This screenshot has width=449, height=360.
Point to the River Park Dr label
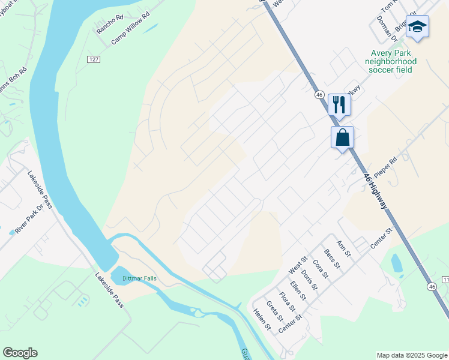[x=30, y=219]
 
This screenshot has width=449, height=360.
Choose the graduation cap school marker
[x=417, y=27]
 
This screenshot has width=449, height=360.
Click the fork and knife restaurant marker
[x=339, y=104]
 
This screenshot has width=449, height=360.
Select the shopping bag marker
[x=342, y=137]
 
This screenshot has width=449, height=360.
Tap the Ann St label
[x=343, y=246]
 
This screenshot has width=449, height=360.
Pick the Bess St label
[x=332, y=259]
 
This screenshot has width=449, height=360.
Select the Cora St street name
[x=321, y=269]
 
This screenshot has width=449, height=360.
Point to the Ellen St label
[x=298, y=290]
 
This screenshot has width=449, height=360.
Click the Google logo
[x=20, y=353]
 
